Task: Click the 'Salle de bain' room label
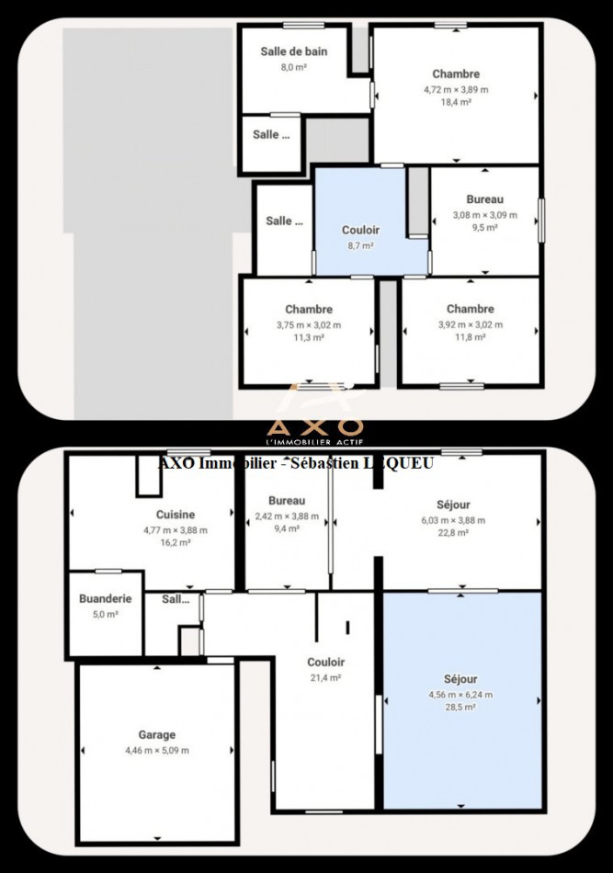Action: point(292,51)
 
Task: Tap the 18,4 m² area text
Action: point(456,103)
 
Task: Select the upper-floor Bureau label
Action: point(484,199)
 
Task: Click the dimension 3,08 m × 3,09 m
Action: point(484,215)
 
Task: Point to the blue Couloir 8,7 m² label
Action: point(360,231)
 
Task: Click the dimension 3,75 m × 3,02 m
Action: point(308,324)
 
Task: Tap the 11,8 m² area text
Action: point(470,337)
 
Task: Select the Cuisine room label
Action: point(175,516)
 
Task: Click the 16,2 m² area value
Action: point(175,543)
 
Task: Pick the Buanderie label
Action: point(105,598)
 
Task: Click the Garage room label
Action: point(156,735)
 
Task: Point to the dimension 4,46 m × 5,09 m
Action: point(156,751)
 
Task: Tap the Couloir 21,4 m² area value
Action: point(325,677)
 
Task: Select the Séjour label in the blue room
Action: point(460,679)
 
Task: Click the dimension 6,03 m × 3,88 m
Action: point(451,519)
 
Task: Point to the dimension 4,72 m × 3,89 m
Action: point(456,89)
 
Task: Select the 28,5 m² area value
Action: point(460,708)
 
